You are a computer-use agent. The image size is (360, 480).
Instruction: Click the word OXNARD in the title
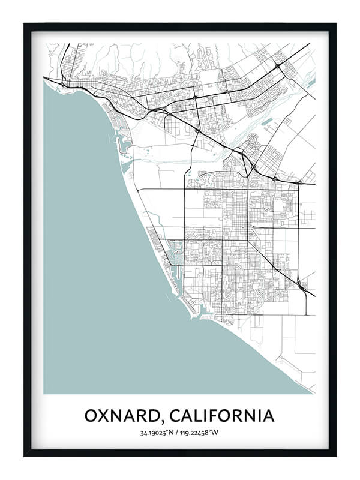click(x=124, y=415)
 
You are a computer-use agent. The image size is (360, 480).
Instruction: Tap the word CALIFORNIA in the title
click(x=225, y=415)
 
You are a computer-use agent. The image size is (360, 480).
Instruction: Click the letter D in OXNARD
click(x=158, y=415)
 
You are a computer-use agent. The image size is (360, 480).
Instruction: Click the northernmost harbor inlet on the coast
click(x=127, y=145)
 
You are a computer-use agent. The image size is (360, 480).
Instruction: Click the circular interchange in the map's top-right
click(x=278, y=64)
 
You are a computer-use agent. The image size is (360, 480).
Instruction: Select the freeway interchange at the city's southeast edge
click(x=302, y=287)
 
